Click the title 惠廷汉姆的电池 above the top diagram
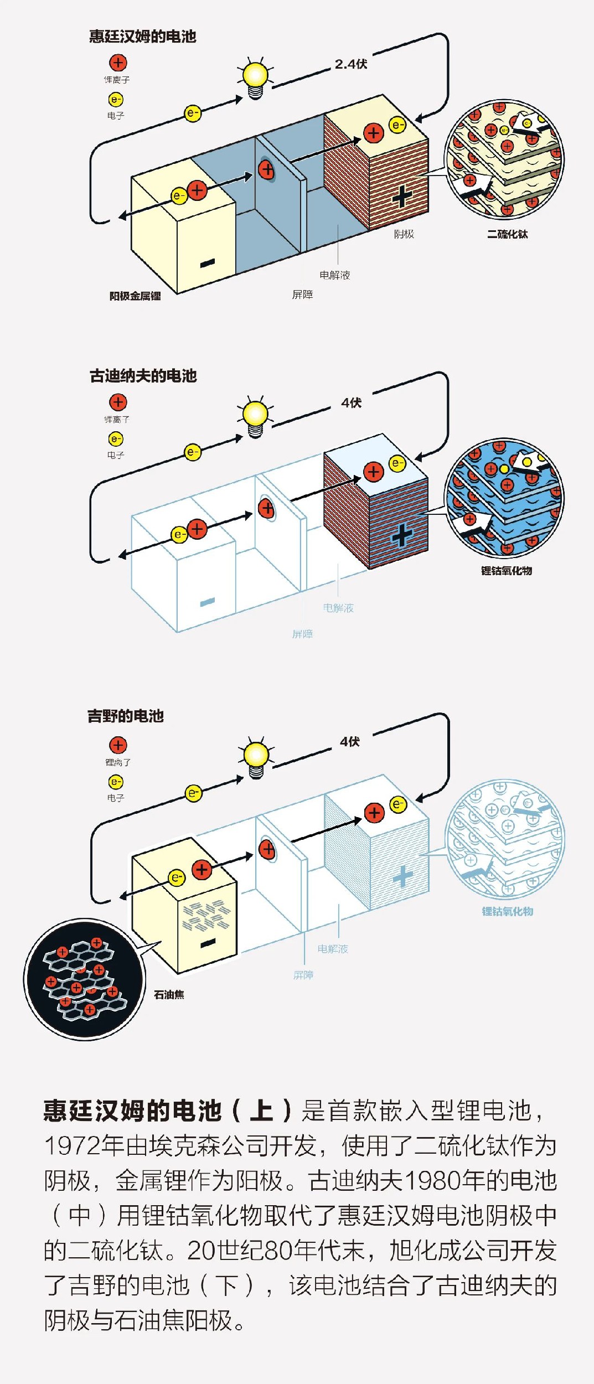(x=143, y=37)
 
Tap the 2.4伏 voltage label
(x=351, y=64)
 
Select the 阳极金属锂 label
(x=135, y=296)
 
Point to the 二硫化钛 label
(x=507, y=234)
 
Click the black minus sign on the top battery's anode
(x=208, y=264)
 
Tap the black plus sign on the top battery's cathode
(x=402, y=197)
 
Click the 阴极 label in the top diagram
(x=404, y=234)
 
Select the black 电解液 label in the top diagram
(x=334, y=275)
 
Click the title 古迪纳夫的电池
(x=143, y=376)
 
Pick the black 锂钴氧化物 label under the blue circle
(x=506, y=571)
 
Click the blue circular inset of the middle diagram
(x=504, y=498)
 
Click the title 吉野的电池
(x=126, y=716)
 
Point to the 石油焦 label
(x=169, y=995)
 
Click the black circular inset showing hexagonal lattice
(x=84, y=979)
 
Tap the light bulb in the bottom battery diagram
(x=256, y=756)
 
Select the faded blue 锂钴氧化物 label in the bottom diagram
(x=507, y=912)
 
